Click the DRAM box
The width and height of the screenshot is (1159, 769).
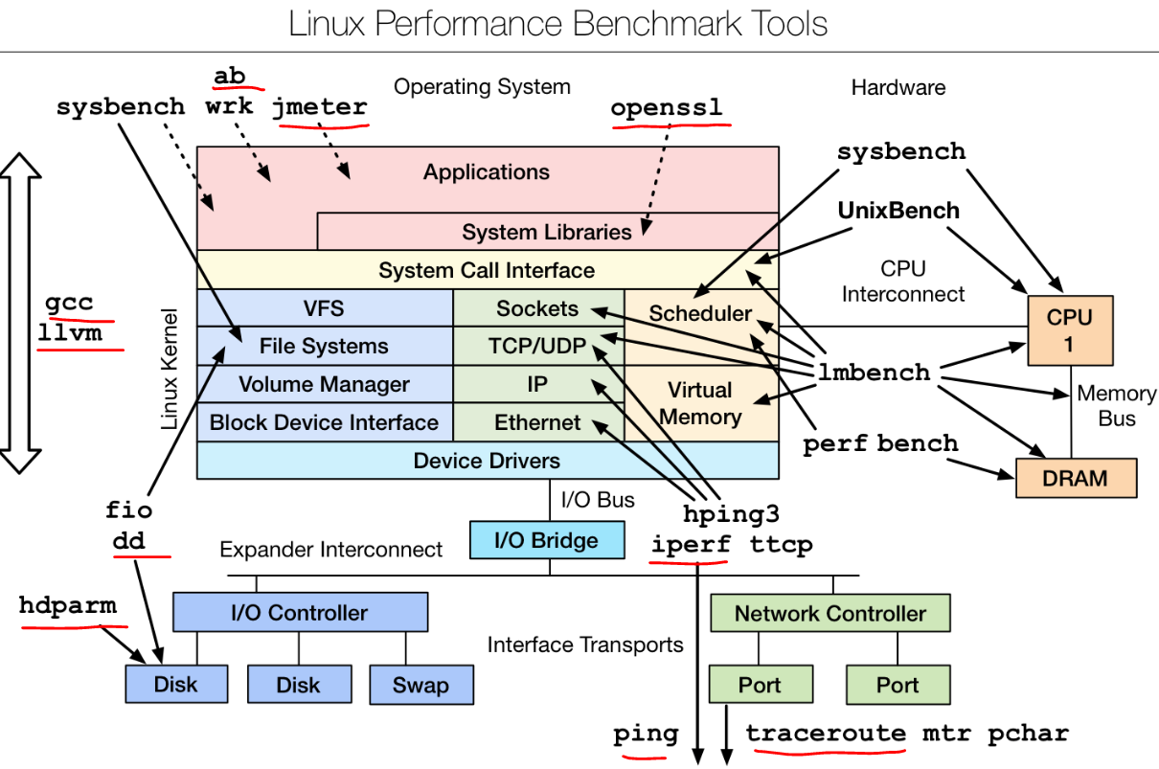point(1076,478)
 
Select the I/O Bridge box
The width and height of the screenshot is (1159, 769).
point(546,540)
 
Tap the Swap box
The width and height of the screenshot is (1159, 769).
point(420,685)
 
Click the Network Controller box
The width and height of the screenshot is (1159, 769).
point(829,613)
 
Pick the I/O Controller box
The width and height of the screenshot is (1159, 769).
point(300,612)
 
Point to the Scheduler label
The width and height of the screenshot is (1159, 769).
point(700,313)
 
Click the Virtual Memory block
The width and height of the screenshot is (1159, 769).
point(700,403)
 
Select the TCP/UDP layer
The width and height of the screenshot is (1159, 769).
point(538,346)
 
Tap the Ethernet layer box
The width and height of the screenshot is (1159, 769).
point(538,422)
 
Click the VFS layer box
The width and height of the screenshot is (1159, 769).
point(324,308)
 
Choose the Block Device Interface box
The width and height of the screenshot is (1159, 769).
point(324,422)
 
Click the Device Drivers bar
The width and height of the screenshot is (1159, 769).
point(487,461)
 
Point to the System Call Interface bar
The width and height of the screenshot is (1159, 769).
point(487,270)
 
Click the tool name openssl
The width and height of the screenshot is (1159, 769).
point(667,107)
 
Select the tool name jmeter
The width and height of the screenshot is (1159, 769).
point(320,107)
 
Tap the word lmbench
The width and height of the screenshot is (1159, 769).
point(874,373)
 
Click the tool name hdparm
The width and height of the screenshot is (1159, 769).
point(68,605)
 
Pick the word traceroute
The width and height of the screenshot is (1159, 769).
point(826,734)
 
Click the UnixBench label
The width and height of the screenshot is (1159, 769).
point(898,210)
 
